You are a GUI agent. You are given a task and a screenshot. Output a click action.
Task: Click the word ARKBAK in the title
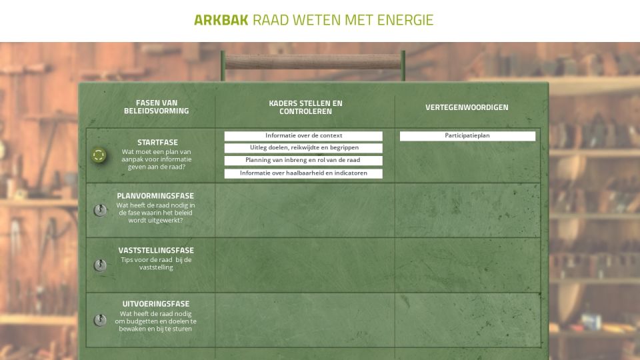pyautogui.click(x=221, y=20)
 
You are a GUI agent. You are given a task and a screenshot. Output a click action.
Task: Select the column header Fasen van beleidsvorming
pyautogui.click(x=156, y=107)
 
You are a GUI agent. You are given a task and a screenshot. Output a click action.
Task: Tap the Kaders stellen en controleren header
pyautogui.click(x=305, y=107)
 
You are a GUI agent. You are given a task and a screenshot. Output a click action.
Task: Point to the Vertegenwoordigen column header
pyautogui.click(x=467, y=107)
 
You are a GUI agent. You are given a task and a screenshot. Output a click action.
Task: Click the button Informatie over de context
pyautogui.click(x=303, y=136)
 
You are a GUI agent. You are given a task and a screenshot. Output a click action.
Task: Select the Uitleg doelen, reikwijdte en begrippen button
pyautogui.click(x=303, y=148)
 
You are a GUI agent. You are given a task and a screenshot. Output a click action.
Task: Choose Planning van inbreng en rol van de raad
pyautogui.click(x=303, y=161)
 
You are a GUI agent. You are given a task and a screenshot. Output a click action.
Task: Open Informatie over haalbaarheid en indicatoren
pyautogui.click(x=303, y=173)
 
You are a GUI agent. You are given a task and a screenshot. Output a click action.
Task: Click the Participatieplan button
pyautogui.click(x=467, y=136)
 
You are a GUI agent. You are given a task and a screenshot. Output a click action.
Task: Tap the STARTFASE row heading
pyautogui.click(x=157, y=143)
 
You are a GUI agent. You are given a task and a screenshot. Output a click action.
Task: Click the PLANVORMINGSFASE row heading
pyautogui.click(x=155, y=196)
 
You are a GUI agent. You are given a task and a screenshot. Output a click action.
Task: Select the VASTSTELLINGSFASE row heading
pyautogui.click(x=156, y=250)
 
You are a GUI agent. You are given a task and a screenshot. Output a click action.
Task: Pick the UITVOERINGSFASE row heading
pyautogui.click(x=156, y=304)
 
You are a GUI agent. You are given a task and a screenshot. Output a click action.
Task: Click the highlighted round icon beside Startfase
pyautogui.click(x=99, y=155)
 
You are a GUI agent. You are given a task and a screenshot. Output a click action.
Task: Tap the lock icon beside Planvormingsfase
pyautogui.click(x=100, y=210)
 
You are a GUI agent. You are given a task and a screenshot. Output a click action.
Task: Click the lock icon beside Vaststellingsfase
pyautogui.click(x=100, y=265)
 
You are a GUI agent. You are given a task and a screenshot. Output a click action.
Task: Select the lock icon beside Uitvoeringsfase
pyautogui.click(x=100, y=320)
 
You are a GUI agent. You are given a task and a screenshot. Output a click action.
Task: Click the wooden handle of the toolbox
pyautogui.click(x=313, y=61)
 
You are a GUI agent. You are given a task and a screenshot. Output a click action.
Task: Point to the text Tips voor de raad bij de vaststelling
pyautogui.click(x=156, y=263)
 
